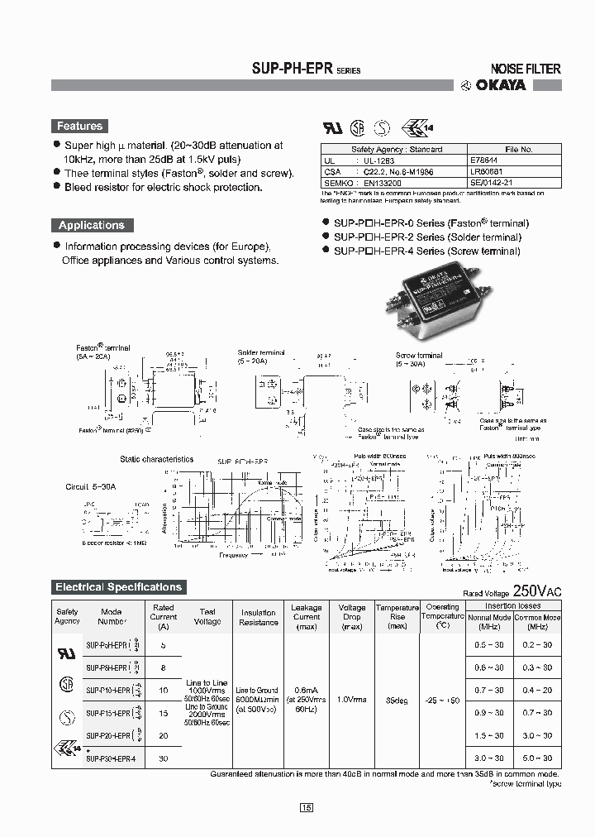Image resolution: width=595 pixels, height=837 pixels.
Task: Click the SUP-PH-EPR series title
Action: pyautogui.click(x=305, y=69)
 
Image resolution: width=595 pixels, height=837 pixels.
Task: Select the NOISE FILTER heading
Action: pyautogui.click(x=526, y=69)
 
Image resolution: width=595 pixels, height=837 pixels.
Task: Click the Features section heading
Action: pyautogui.click(x=79, y=127)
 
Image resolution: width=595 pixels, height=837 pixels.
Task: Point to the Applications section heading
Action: pyautogui.click(x=91, y=225)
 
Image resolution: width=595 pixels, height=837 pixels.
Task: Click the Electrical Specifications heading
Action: pyautogui.click(x=117, y=587)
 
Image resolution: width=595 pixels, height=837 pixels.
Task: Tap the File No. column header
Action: pyautogui.click(x=518, y=150)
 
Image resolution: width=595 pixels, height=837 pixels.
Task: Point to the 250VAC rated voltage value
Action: pyautogui.click(x=536, y=591)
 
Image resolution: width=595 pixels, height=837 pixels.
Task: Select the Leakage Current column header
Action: pyautogui.click(x=307, y=616)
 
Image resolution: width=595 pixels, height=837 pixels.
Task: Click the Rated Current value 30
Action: pyautogui.click(x=163, y=758)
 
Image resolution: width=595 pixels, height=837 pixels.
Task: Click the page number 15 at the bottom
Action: pyautogui.click(x=307, y=807)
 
